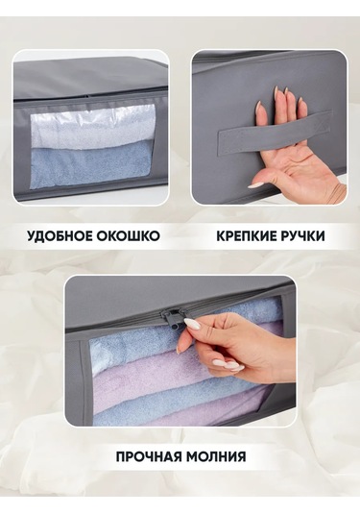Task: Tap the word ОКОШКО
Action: [128, 235]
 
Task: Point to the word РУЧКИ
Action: [305, 236]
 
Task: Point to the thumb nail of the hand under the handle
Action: [255, 184]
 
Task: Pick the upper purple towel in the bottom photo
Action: [154, 377]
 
